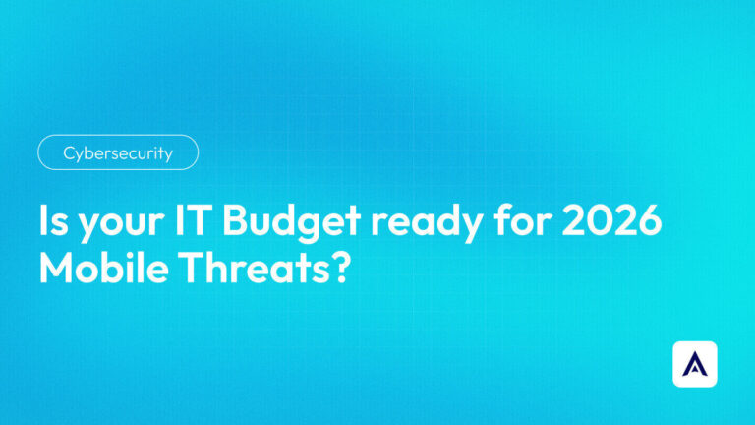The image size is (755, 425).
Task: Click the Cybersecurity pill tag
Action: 118,152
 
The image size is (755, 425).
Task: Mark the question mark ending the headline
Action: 341,268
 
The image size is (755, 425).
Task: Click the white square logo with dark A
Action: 695,364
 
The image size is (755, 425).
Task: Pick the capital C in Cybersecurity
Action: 69,152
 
